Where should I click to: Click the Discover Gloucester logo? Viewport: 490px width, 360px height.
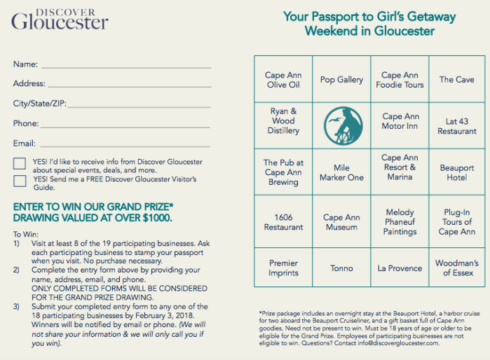coord(60,20)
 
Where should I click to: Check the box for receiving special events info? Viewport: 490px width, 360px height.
coord(20,165)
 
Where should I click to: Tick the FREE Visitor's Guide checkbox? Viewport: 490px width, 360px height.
coord(20,181)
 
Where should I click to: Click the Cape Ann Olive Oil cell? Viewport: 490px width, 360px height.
coord(283,80)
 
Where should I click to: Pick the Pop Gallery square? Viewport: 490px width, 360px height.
coord(341,80)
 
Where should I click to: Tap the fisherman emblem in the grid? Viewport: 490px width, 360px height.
coord(341,125)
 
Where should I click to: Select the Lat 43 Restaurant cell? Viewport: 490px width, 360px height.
coord(457,126)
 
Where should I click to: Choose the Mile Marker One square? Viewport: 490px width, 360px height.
coord(341,172)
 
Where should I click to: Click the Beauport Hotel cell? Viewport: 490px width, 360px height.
coord(457,172)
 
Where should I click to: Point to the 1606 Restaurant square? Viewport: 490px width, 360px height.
coord(283,222)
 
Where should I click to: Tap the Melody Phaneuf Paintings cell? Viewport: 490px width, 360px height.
coord(400,222)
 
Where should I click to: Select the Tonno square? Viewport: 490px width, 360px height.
coord(341,268)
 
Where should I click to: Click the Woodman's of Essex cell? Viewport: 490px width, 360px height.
coord(457,268)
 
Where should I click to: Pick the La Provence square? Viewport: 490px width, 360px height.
coord(400,268)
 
